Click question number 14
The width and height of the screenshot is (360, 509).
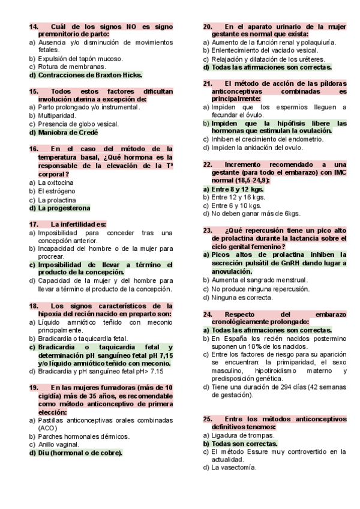34,26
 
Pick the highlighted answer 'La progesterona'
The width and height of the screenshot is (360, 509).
64,208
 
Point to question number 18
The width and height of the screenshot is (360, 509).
34,306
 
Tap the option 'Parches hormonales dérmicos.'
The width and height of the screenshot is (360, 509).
83,436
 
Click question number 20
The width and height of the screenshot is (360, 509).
208,26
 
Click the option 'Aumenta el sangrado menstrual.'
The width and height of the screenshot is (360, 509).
260,280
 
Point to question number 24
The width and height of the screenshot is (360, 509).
208,314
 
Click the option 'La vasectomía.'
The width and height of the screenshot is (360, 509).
234,468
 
